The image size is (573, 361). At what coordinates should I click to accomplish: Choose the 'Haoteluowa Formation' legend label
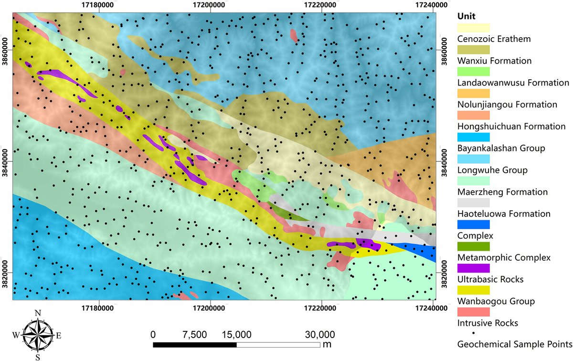[504, 213]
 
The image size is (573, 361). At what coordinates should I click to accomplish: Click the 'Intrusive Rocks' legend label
[488, 323]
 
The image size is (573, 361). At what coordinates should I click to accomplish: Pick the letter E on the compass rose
[59, 335]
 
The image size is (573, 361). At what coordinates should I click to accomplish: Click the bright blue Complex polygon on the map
[420, 250]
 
